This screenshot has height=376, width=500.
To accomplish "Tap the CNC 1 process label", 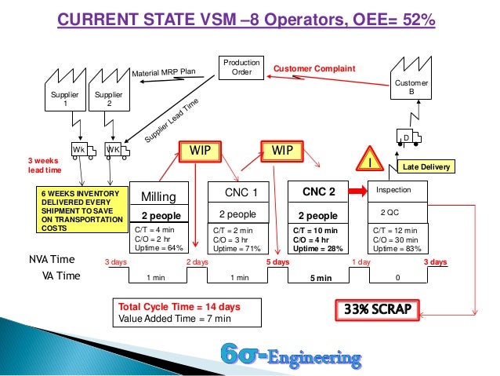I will (x=237, y=190).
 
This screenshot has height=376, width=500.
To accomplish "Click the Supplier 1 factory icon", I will (x=65, y=95).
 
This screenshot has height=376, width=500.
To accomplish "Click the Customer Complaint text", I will (x=313, y=69).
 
